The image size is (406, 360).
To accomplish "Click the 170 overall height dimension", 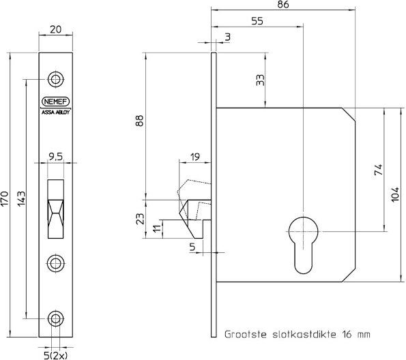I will (x=5, y=198).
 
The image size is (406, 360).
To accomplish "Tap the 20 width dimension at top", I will (x=56, y=29).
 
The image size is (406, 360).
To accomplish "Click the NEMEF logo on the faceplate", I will (x=56, y=102).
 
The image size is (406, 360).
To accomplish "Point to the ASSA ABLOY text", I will (x=56, y=112).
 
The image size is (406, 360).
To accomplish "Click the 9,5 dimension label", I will (x=56, y=155).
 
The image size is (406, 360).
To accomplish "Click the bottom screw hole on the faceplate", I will (x=56, y=318).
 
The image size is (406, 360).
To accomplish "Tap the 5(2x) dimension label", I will (x=56, y=353).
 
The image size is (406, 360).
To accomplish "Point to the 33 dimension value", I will (x=259, y=80).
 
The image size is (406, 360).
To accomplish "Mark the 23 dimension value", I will (x=140, y=220).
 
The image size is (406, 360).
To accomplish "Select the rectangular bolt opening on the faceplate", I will (x=56, y=208).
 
